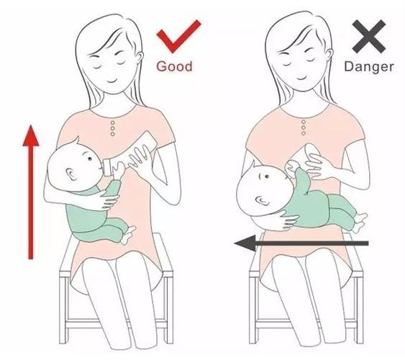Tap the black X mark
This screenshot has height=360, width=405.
[369, 37]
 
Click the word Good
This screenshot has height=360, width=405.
[174, 66]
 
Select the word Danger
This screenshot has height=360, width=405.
[369, 67]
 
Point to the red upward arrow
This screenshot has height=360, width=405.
[31, 192]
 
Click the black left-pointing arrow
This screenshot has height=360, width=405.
[301, 243]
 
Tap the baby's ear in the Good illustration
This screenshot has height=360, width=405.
[71, 174]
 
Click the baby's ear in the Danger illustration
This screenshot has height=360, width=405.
[262, 200]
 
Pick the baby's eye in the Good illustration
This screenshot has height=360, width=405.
[89, 158]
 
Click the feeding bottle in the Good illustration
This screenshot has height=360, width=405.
[130, 154]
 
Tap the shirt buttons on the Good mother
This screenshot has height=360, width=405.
[113, 128]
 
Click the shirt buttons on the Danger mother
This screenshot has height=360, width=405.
[304, 127]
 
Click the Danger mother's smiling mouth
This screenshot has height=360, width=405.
[301, 78]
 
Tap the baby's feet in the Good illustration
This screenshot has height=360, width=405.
[128, 235]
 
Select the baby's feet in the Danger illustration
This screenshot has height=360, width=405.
[360, 222]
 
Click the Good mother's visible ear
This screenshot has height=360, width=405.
[140, 58]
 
